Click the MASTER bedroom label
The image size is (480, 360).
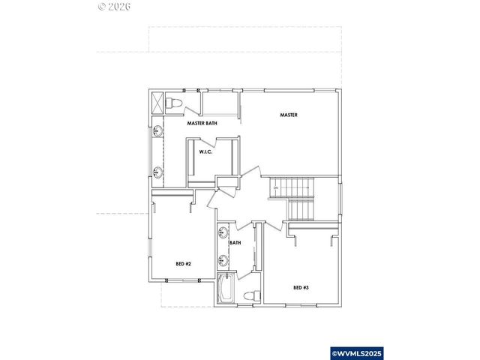point(289,115)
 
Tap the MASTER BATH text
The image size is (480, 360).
point(202,123)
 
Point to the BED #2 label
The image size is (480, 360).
point(184,264)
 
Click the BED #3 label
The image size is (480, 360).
point(301,287)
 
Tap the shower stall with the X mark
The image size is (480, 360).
point(157,102)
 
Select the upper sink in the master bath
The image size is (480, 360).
point(158,133)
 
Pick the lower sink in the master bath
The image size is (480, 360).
point(158,172)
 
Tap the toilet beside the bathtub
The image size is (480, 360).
point(253,294)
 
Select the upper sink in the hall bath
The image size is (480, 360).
point(222,232)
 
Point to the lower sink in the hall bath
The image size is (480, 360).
point(222,260)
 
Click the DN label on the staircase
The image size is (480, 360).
point(276,187)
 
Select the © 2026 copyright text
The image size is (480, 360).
point(115,8)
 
